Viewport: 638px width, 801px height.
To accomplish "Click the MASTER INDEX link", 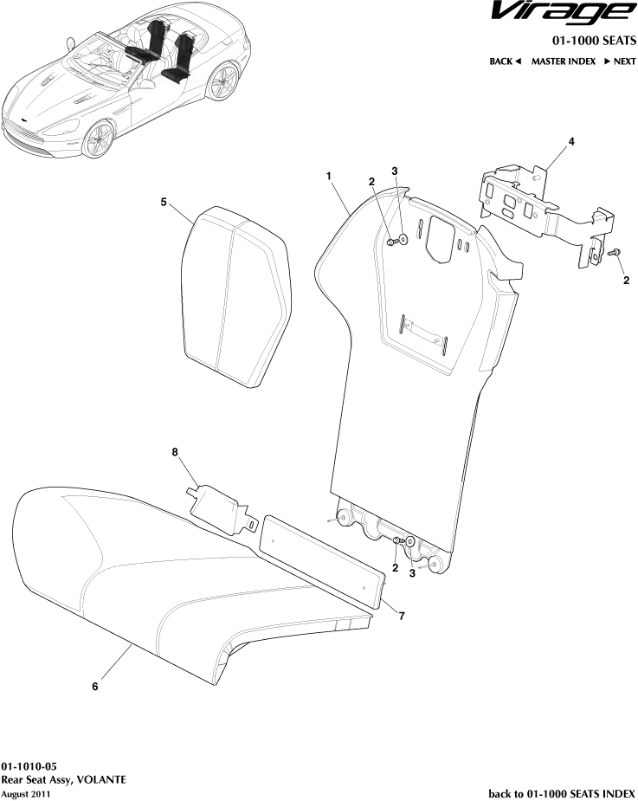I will pos(563,61).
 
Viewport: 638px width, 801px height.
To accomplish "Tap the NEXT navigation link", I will pos(620,61).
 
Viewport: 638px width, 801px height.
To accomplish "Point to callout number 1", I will pos(329,176).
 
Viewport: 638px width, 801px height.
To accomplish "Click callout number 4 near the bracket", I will pos(571,141).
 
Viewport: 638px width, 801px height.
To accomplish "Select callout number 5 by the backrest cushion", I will pos(164,202).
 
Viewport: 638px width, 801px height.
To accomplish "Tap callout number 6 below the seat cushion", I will pos(95,687).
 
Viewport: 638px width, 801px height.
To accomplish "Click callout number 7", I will pos(402,616).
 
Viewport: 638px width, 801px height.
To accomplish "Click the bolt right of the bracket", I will pos(615,252).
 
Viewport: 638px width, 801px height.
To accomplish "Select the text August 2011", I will pos(26,793).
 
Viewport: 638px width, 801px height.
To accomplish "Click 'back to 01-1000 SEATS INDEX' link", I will pos(562,792).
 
